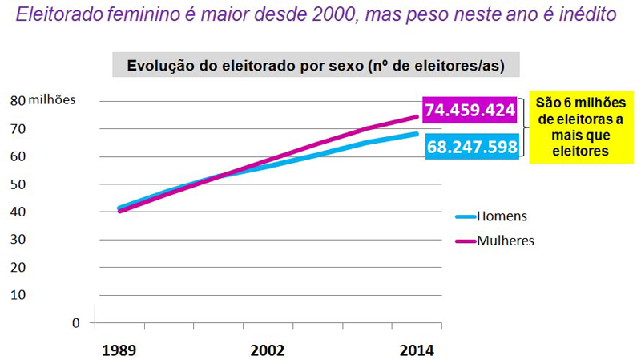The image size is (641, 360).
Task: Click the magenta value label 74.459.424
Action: pos(469,111)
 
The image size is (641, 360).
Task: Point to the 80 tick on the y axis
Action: pos(18,100)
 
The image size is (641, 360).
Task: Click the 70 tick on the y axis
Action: pos(18,128)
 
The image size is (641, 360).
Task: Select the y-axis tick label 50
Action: pos(18,184)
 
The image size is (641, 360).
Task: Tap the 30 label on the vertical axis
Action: pos(18,239)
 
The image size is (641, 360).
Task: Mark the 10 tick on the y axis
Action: pos(18,294)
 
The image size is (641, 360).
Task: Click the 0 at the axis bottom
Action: pos(76,322)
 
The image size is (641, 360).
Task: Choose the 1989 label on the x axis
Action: pos(118,350)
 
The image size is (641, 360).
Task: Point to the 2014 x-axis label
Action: pos(417,350)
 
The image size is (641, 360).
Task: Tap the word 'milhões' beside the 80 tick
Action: pos(52,100)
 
